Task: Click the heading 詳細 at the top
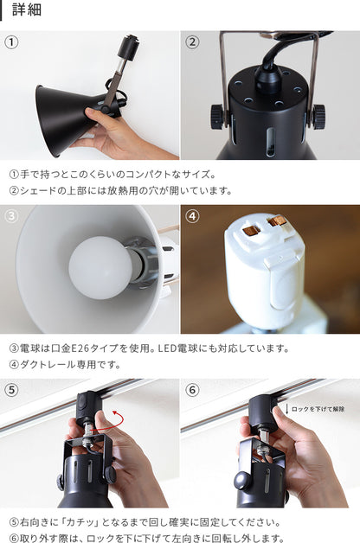(x=27, y=10)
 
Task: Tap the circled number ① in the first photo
(x=11, y=42)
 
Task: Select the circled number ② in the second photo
(x=192, y=42)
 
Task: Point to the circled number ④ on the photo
(x=192, y=216)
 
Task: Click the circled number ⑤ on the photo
(x=11, y=390)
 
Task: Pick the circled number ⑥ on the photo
(x=192, y=390)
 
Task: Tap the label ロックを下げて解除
(x=318, y=409)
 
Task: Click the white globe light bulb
(x=100, y=267)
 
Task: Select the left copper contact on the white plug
(x=251, y=230)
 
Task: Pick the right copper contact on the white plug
(x=278, y=221)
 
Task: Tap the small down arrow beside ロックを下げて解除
(x=287, y=409)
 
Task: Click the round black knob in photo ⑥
(x=242, y=481)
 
